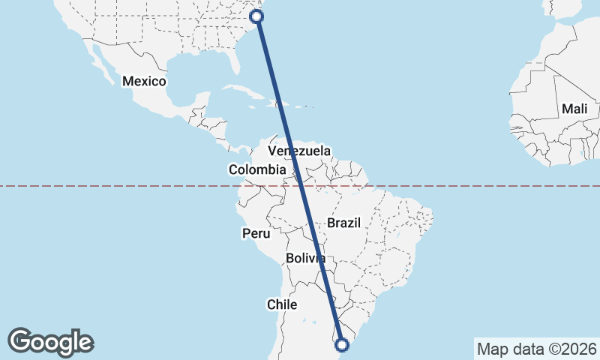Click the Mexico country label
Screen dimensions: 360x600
coord(145,81)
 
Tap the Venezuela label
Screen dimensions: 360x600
coord(304,151)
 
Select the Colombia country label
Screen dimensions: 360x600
coord(257,170)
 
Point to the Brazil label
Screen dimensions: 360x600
coord(344,223)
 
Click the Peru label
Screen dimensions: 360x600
coord(256,233)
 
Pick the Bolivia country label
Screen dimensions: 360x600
coord(305,258)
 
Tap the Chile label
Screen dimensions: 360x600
coord(283,304)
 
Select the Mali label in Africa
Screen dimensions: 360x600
coord(574,109)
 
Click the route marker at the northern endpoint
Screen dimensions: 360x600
coord(256,16)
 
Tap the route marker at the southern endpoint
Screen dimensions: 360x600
coord(342,345)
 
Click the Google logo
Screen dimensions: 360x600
coord(50,342)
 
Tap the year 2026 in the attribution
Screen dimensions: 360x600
coord(579,349)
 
